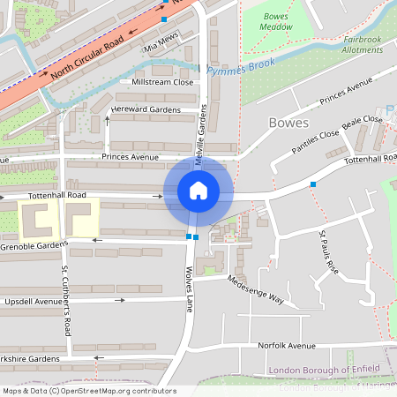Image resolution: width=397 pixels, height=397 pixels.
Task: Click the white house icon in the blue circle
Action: click(198, 190)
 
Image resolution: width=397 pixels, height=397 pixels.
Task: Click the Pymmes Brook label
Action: click(241, 66)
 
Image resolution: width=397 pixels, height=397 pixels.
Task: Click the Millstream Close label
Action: click(161, 82)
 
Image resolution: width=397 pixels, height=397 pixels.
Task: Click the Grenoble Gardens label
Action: click(34, 244)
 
